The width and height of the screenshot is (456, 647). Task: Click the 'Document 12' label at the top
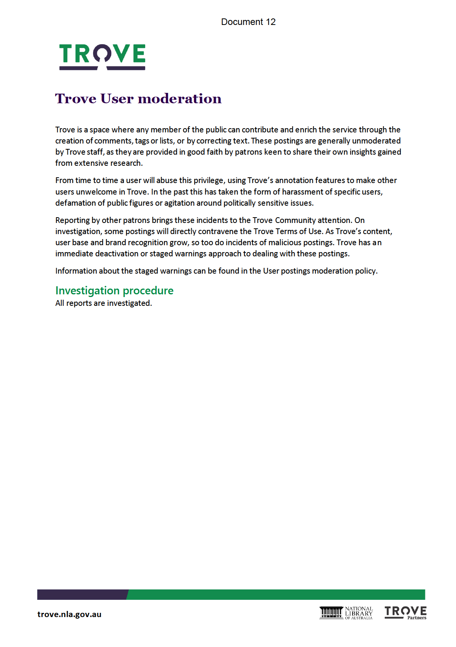(x=248, y=22)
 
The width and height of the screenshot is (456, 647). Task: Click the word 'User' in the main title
(x=117, y=99)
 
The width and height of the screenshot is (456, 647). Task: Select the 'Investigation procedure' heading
(x=114, y=290)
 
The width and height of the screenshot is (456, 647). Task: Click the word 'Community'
(x=295, y=220)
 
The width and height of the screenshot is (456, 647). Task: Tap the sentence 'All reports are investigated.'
(x=103, y=303)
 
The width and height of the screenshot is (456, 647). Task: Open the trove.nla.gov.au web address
(x=69, y=614)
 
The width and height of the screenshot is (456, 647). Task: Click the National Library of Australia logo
(x=346, y=613)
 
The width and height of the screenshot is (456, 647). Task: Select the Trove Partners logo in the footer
(x=405, y=612)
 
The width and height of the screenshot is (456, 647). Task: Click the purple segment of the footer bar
(x=82, y=594)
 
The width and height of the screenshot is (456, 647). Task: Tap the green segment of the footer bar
(x=276, y=594)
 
